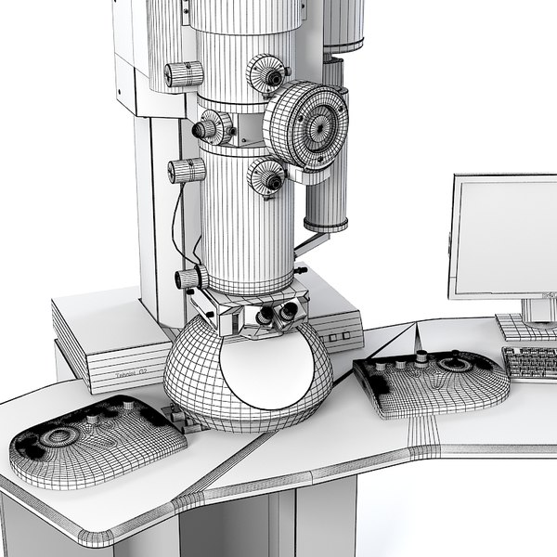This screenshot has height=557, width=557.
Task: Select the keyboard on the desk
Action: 531,363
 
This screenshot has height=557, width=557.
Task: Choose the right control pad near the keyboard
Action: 431,380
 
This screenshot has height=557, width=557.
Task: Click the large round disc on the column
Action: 306,124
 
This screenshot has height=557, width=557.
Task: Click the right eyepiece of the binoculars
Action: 291,312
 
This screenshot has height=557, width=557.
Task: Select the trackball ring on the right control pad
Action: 454,364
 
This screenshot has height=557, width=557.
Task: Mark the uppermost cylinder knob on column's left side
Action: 184,74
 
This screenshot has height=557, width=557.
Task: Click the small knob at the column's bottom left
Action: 189,278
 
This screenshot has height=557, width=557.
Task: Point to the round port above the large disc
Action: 267,72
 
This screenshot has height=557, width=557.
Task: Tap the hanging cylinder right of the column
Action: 327,195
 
